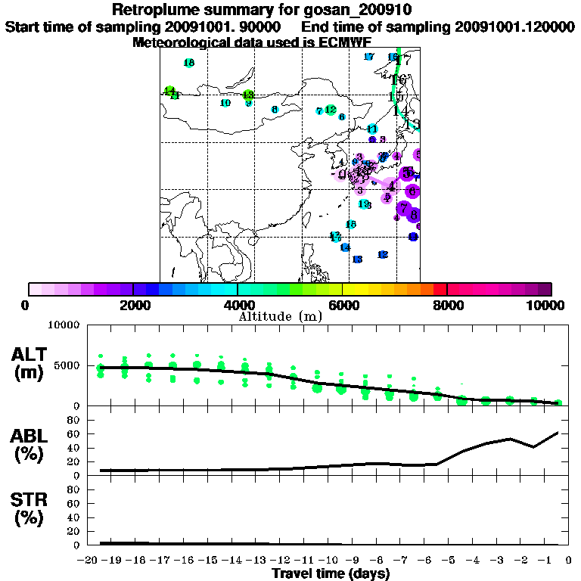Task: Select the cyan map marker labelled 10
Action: point(225,103)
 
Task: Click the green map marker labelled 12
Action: point(331,110)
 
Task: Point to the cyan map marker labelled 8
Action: point(275,110)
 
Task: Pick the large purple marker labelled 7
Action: point(405,208)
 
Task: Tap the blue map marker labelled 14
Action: point(345,247)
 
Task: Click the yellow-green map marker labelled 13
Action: point(248,95)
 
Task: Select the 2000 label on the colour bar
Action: point(133,305)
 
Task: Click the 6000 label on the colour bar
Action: point(343,305)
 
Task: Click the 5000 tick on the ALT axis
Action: point(67,366)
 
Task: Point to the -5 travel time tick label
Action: point(450,561)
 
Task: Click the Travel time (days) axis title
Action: point(331,573)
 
